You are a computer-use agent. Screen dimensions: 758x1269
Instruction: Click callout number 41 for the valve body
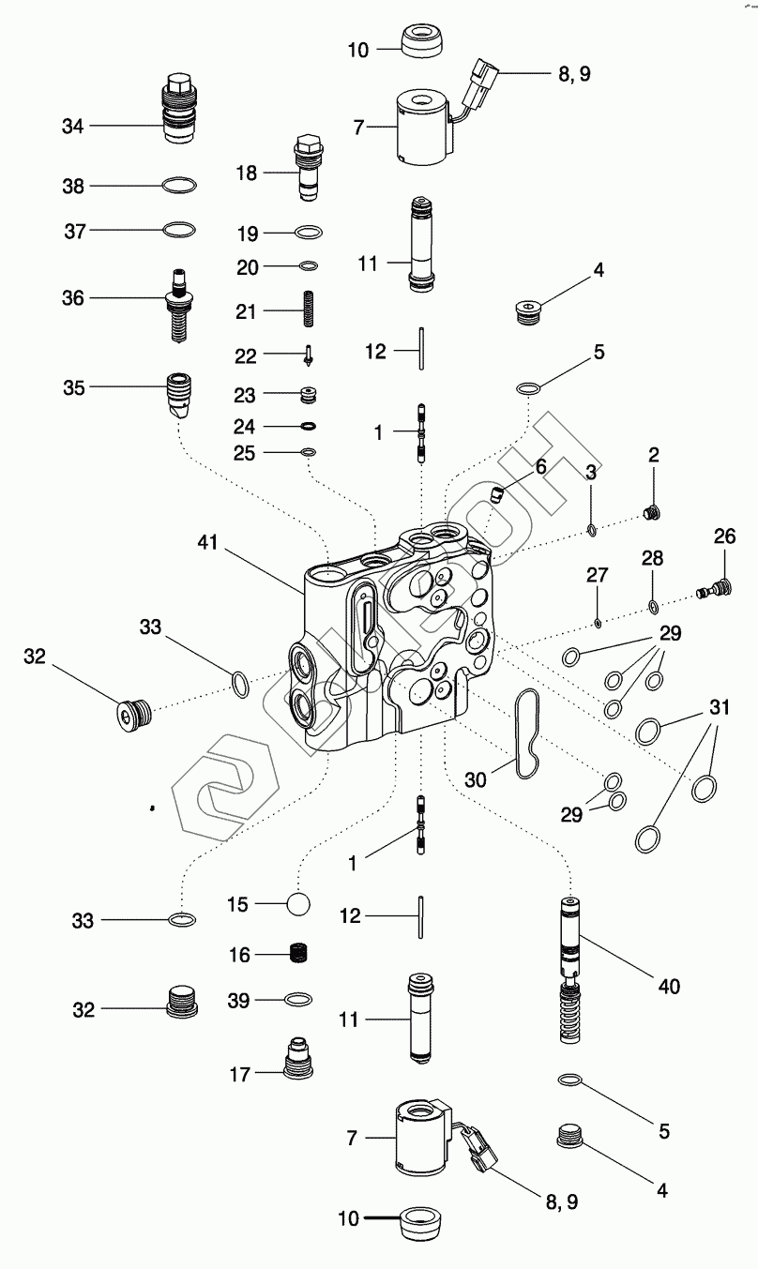207,542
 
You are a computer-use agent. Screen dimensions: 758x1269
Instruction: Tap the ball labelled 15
298,903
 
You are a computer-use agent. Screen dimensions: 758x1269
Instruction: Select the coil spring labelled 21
309,309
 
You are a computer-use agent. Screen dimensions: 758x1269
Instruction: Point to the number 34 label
72,127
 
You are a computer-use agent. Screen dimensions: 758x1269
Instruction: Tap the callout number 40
669,987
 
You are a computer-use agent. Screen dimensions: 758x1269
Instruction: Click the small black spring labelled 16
298,954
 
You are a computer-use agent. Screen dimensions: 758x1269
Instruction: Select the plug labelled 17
297,1058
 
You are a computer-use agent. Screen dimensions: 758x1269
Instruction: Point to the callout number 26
724,536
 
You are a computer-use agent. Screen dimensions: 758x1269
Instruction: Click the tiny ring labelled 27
598,624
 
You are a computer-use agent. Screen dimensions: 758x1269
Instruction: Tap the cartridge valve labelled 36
178,305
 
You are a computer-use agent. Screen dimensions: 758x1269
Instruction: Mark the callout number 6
541,467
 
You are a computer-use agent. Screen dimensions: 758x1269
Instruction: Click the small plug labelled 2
653,513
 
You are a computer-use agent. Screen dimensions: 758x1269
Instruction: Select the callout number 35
74,388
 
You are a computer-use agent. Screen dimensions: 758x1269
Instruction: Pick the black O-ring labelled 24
309,426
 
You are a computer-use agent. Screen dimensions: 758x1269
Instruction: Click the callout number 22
245,356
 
